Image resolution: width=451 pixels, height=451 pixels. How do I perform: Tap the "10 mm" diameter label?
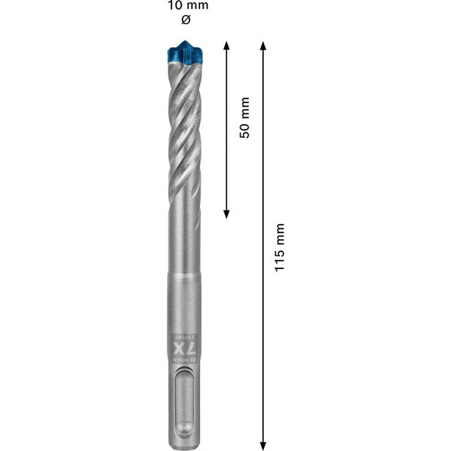tap(177, 6)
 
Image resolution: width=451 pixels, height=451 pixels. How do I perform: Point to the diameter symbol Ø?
tap(177, 20)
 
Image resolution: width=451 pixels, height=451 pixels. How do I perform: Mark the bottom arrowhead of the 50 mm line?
tap(226, 213)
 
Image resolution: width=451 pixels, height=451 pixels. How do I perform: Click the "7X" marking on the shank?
tap(181, 351)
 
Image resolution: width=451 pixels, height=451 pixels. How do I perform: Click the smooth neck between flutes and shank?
tap(180, 248)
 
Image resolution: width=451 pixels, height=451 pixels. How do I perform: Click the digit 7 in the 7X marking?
tap(181, 359)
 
